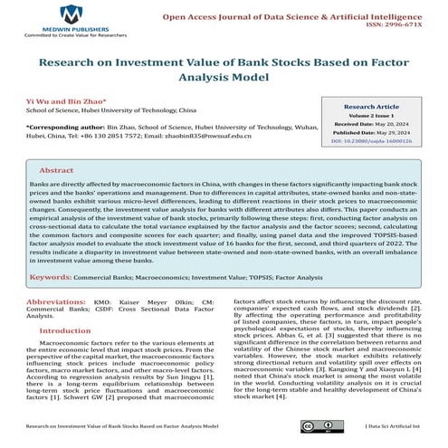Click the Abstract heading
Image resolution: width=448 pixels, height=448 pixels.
pyautogui.click(x=56, y=169)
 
